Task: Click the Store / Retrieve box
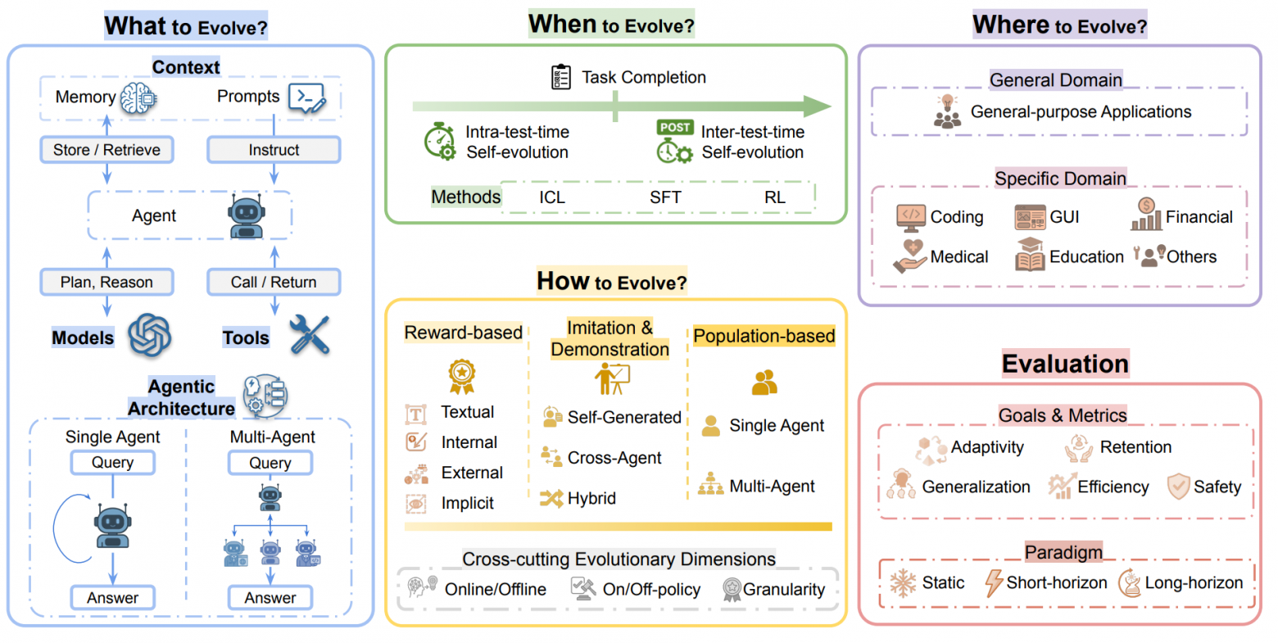(106, 149)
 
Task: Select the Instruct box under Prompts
(274, 149)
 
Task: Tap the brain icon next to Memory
(138, 97)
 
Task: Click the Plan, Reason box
(106, 282)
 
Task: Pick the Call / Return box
(274, 282)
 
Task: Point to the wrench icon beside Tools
(309, 335)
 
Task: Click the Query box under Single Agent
(112, 462)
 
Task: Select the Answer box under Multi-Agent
(270, 597)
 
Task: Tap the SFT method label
(665, 197)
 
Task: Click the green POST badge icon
(675, 127)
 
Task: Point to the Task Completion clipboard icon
(561, 77)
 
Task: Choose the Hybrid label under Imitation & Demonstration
(591, 498)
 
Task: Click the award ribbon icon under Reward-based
(461, 377)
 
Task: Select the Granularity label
(784, 590)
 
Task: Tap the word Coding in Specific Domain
(957, 217)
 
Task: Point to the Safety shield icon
(1178, 486)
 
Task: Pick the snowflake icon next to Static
(903, 582)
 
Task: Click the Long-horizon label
(1194, 582)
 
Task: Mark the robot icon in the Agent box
(247, 216)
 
